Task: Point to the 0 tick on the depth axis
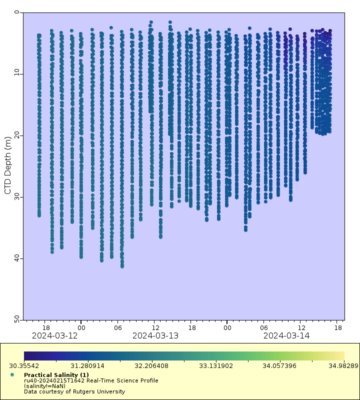point(17,12)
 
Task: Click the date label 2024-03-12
point(54,335)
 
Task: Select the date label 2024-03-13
point(155,335)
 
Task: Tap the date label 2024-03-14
point(286,335)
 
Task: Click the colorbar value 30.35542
point(23,365)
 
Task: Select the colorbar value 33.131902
point(216,365)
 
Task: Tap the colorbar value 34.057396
point(280,365)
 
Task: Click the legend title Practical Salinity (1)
point(56,374)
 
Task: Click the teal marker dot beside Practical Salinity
point(12,374)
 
